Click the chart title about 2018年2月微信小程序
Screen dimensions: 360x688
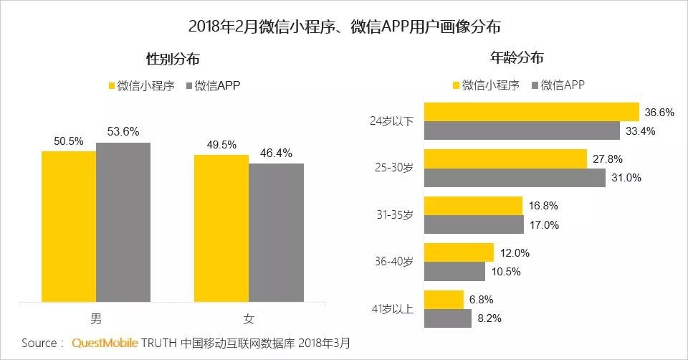(344, 27)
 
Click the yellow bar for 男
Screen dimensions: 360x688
(69, 228)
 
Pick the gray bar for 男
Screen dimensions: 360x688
(123, 224)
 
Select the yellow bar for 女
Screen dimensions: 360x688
(221, 229)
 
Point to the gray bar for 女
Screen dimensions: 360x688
(276, 235)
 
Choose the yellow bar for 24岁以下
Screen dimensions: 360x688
(532, 112)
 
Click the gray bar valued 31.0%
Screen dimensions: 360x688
(515, 177)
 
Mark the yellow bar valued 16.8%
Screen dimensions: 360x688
(473, 206)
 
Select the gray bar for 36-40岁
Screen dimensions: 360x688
(455, 271)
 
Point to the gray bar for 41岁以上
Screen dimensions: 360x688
(449, 318)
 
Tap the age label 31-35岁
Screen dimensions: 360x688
(394, 215)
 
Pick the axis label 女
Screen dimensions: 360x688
(249, 319)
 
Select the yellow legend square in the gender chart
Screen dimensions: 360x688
(112, 86)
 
